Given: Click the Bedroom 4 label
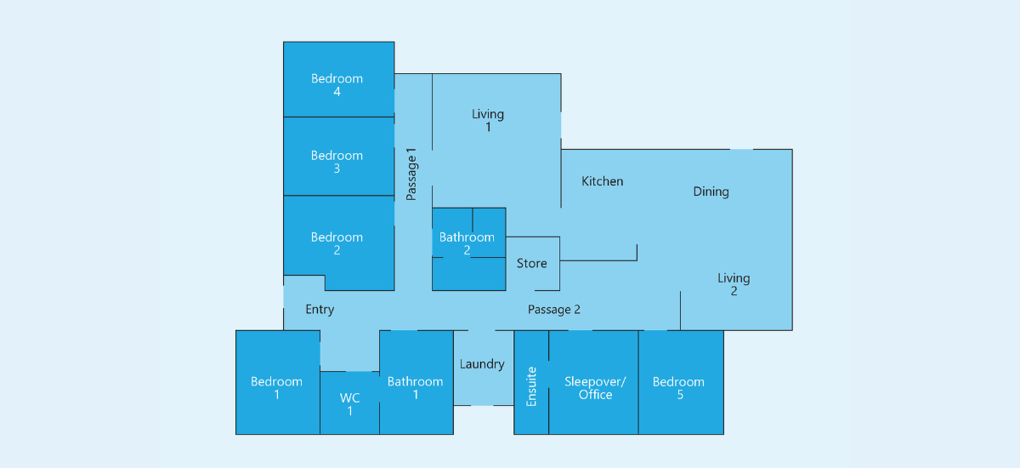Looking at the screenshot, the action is click(337, 85).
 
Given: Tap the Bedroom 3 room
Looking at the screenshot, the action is click(339, 157).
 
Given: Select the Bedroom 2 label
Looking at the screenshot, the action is click(337, 243).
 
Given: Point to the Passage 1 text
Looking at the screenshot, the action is click(411, 174).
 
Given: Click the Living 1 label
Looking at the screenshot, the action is click(488, 120).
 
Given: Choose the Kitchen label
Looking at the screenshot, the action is click(602, 181).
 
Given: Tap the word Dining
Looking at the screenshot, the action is click(711, 191).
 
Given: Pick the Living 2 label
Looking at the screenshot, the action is click(734, 284).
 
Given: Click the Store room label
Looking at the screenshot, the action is click(531, 264).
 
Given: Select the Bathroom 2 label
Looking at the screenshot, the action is click(467, 243).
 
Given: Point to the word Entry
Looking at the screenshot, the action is click(320, 310).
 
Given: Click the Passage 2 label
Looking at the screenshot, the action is click(553, 310).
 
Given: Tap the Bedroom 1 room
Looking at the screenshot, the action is click(278, 382).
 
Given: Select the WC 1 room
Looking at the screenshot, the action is click(349, 402).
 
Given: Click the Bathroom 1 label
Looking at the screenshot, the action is click(416, 388).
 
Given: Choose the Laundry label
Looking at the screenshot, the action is click(482, 364).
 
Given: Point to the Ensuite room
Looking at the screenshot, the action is click(531, 382).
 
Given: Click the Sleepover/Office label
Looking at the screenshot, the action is click(595, 388).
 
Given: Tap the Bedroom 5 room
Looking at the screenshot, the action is click(681, 382).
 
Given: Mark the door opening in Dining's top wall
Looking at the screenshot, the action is click(741, 149).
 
